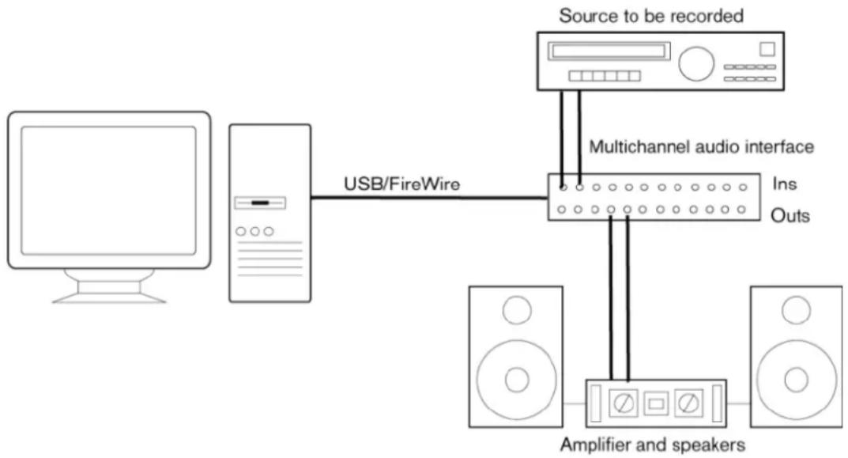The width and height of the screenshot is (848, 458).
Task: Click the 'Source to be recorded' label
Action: pos(651,16)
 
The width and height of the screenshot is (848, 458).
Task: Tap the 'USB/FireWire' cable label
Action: pos(401,184)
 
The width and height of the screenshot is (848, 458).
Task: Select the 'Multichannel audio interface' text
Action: pos(702,146)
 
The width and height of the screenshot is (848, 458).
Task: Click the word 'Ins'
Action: pos(785,184)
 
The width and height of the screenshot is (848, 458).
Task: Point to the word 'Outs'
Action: pos(790,215)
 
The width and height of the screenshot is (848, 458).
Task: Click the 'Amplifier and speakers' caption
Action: pos(653,445)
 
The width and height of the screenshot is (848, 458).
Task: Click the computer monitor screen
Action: pos(109,191)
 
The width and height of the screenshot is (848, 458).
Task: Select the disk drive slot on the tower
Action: pos(260,203)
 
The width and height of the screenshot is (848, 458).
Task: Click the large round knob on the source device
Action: pos(696,64)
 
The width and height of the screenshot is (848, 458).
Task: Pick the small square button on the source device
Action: pos(767,49)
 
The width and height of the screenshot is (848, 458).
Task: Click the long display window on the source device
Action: pos(609,51)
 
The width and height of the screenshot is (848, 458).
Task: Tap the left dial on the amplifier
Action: pos(624,403)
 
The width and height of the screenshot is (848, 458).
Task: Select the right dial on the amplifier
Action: pos(688,403)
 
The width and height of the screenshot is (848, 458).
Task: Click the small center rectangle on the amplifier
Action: pos(656,404)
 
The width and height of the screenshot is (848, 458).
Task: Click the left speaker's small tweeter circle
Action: pos(517,310)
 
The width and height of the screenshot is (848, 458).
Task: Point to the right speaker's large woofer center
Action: pos(796,380)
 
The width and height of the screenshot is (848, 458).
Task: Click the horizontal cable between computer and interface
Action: pos(429,198)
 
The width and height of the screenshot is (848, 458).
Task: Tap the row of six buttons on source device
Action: pos(605,76)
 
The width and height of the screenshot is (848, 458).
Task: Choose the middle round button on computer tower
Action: pos(254,232)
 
